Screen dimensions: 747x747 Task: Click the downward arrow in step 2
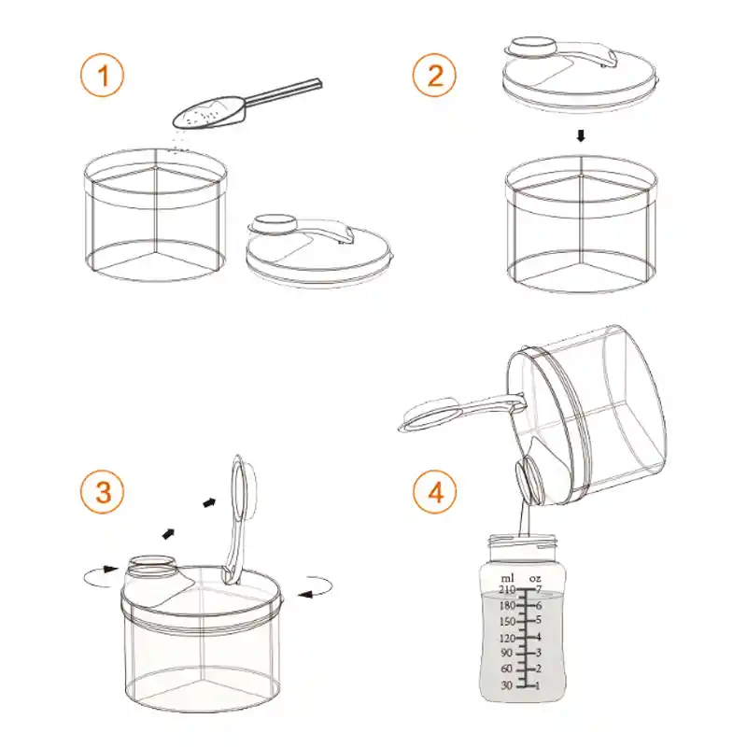coord(581,135)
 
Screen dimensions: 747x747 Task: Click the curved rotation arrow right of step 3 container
coord(318,587)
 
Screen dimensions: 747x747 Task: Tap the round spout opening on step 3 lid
coord(150,563)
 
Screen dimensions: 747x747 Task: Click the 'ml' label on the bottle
coord(507,578)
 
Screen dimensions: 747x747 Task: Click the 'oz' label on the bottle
coord(535,578)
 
